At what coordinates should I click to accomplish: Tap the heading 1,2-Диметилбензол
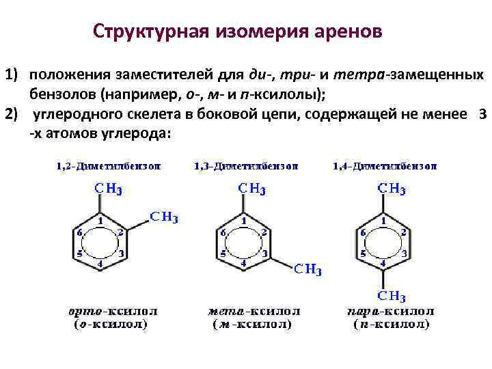(109, 166)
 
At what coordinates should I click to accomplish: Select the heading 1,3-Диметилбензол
(246, 166)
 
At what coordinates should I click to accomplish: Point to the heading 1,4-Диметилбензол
(385, 166)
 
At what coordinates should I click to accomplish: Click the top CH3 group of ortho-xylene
(108, 189)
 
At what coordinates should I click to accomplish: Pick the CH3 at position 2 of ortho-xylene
(164, 217)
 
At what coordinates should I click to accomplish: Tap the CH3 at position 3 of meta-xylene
(307, 269)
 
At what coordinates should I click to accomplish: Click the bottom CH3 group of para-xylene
(392, 297)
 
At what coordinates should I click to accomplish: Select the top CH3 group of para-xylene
(392, 189)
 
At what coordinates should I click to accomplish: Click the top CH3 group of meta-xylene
(251, 189)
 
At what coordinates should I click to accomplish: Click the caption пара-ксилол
(390, 312)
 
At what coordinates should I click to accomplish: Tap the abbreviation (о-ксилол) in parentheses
(110, 325)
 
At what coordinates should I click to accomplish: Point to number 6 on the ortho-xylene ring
(80, 232)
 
